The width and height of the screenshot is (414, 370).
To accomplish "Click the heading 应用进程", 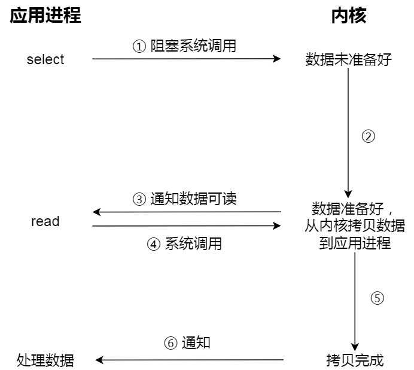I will coord(45,16).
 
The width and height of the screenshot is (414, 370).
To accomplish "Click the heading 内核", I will coord(348,16).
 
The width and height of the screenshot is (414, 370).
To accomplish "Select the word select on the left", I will coord(45,59).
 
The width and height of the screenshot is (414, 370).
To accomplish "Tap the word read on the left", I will coord(45,221).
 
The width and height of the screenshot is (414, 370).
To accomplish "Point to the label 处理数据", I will coord(45,360).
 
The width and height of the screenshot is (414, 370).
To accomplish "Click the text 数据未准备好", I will coord(348,59).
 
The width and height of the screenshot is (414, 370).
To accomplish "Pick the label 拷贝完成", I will coord(355,360).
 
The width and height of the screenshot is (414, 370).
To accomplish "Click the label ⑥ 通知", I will coord(187,343).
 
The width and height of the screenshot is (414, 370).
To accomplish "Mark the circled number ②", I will coord(369,136).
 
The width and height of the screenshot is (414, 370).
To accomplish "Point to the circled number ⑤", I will coord(376,298).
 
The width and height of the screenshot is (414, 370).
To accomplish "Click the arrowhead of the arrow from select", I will coord(277,59).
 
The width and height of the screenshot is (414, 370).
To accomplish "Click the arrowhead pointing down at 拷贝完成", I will coord(355,346).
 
